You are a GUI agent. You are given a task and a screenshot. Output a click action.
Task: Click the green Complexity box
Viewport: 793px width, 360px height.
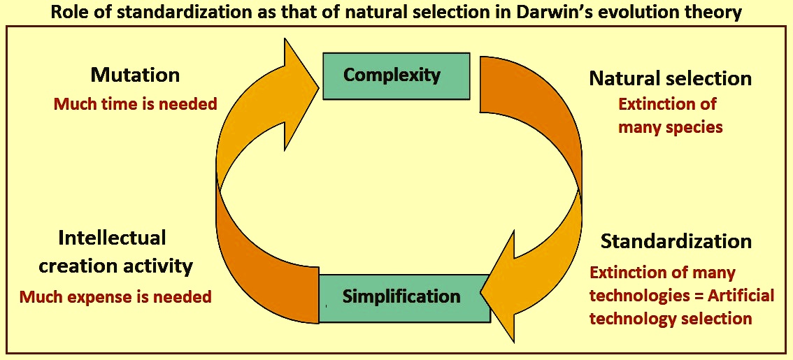(x=396, y=75)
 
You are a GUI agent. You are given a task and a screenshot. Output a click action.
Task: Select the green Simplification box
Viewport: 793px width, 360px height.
(x=405, y=298)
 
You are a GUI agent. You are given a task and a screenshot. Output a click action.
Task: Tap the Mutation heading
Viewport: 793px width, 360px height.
(x=135, y=75)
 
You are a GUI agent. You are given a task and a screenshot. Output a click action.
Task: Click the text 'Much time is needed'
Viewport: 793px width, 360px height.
(x=135, y=104)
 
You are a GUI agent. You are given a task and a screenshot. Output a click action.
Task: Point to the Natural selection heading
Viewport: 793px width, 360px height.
(x=671, y=78)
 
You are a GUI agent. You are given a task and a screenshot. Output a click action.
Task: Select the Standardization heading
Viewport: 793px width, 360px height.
(x=676, y=242)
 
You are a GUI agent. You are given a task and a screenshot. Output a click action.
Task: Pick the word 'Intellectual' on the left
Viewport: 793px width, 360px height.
(x=113, y=238)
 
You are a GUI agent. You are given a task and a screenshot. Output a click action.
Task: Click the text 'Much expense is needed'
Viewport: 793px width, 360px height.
(x=115, y=297)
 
